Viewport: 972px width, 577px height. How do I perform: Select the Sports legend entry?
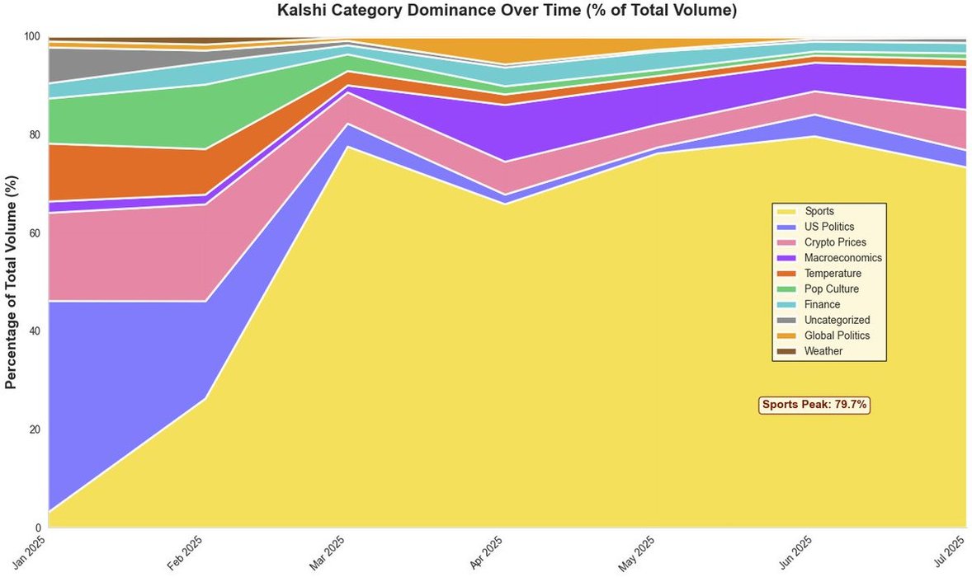click(819, 211)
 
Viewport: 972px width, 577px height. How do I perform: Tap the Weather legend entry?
click(823, 351)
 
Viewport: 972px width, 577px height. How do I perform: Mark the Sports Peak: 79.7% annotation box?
click(814, 405)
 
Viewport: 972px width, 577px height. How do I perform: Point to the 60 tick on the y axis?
click(33, 233)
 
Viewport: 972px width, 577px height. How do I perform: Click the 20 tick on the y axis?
click(33, 429)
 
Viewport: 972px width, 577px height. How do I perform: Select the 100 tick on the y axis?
click(31, 37)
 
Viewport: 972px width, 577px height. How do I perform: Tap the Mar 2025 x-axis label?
click(332, 551)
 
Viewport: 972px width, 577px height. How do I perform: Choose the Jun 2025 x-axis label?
click(797, 551)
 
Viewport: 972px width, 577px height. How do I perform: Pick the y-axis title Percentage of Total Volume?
click(12, 282)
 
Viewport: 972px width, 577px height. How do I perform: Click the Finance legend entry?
click(822, 304)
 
